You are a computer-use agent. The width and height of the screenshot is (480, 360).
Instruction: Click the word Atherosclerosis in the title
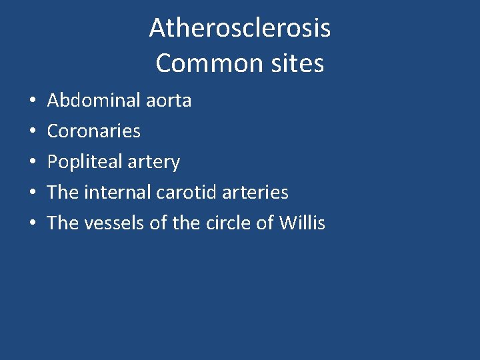coord(240,28)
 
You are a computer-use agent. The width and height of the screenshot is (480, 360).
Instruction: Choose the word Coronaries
coord(94,131)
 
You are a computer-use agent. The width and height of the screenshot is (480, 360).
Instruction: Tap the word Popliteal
coord(84,162)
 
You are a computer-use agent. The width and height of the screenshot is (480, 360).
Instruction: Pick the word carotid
coord(185,193)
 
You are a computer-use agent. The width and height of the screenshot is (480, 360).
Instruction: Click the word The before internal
coord(63,193)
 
